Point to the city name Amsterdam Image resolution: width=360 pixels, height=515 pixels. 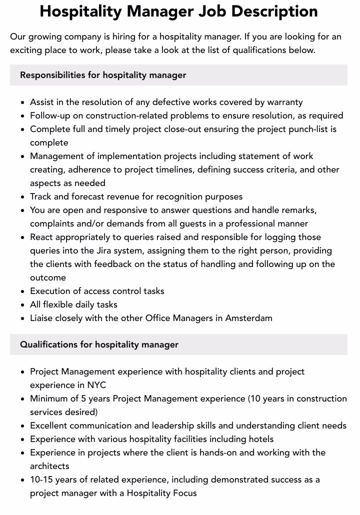248,318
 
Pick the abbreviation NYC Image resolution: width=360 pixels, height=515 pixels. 96,385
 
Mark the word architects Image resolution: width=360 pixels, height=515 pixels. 49,466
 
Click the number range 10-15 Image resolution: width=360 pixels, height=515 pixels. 42,479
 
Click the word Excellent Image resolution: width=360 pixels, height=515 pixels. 48,425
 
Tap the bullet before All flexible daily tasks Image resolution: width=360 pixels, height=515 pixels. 23,305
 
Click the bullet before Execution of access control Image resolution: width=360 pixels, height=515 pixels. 23,291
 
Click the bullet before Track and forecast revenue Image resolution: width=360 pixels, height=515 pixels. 23,197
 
